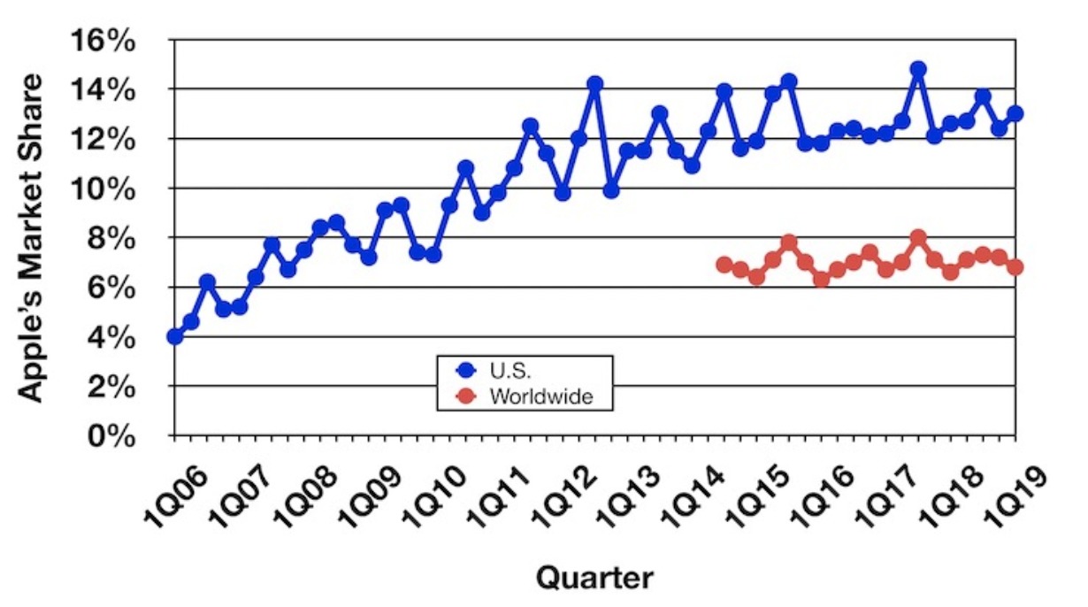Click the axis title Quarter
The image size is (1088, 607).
click(594, 578)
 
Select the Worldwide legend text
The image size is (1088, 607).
click(540, 396)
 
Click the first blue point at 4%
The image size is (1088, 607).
click(175, 336)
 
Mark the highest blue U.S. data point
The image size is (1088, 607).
click(918, 69)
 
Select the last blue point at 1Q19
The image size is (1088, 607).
click(1015, 113)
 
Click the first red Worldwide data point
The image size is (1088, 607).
click(724, 265)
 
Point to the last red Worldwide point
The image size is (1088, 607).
click(1015, 267)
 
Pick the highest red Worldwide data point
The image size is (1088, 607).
click(918, 237)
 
